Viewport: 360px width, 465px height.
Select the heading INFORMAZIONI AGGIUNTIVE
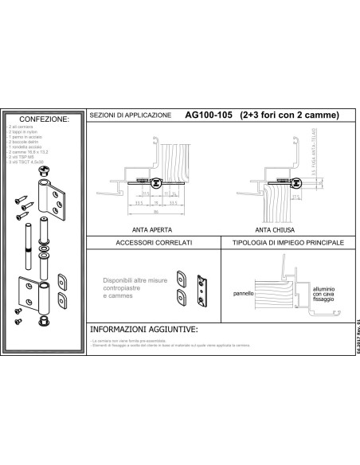click(x=143, y=328)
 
